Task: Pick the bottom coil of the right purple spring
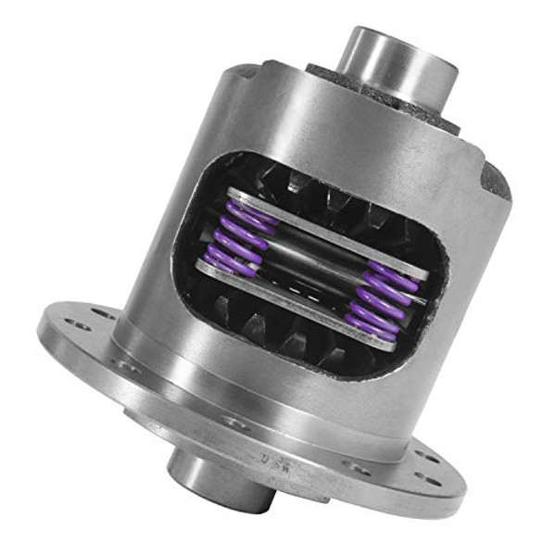coord(367,325)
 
